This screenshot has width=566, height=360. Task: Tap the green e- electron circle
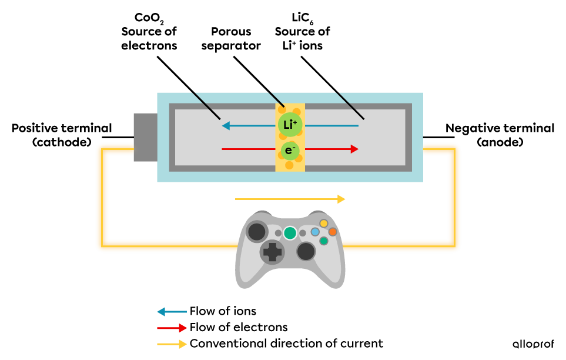tap(290, 151)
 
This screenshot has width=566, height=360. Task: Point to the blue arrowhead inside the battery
tap(226, 125)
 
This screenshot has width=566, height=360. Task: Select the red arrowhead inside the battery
tap(354, 149)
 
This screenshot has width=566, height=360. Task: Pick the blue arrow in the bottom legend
tap(172, 312)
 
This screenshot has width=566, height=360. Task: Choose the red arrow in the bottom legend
tap(172, 328)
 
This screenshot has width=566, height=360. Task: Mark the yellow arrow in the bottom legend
tap(172, 344)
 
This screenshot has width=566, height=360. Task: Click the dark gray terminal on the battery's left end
tap(145, 137)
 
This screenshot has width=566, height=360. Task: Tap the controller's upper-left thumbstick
tap(257, 232)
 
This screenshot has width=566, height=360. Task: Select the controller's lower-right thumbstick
tap(306, 251)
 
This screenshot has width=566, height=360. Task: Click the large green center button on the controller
tap(290, 233)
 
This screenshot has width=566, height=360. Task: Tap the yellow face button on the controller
tap(324, 224)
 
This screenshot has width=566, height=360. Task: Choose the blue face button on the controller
tap(315, 232)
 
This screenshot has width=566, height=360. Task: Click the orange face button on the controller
tap(333, 232)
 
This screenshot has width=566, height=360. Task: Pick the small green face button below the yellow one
tap(324, 241)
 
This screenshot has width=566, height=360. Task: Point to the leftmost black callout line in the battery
tap(206, 106)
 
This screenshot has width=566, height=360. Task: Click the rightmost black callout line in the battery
tap(350, 106)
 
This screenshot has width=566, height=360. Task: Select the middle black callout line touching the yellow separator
tap(276, 99)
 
